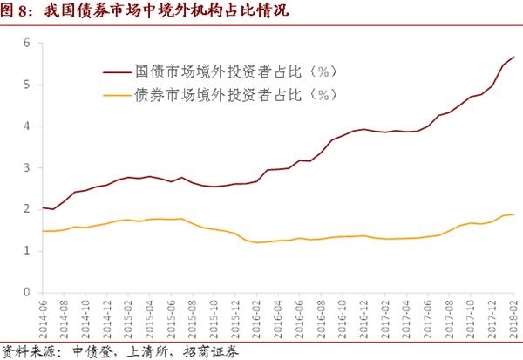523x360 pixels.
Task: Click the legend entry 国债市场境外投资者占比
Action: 236,71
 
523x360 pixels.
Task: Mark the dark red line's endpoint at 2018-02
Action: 513,57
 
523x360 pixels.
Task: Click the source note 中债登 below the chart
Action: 86,351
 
